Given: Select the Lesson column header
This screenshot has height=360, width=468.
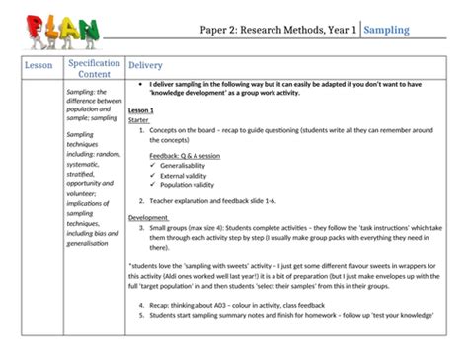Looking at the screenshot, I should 39,65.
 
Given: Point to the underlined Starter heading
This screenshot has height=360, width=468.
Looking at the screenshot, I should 139,120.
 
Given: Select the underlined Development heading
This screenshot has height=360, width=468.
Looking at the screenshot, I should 149,217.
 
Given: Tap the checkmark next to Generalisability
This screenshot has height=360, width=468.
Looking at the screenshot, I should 156,166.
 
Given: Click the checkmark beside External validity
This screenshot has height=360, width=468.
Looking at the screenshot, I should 156,175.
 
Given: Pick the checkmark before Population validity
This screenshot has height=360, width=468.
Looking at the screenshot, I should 156,184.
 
